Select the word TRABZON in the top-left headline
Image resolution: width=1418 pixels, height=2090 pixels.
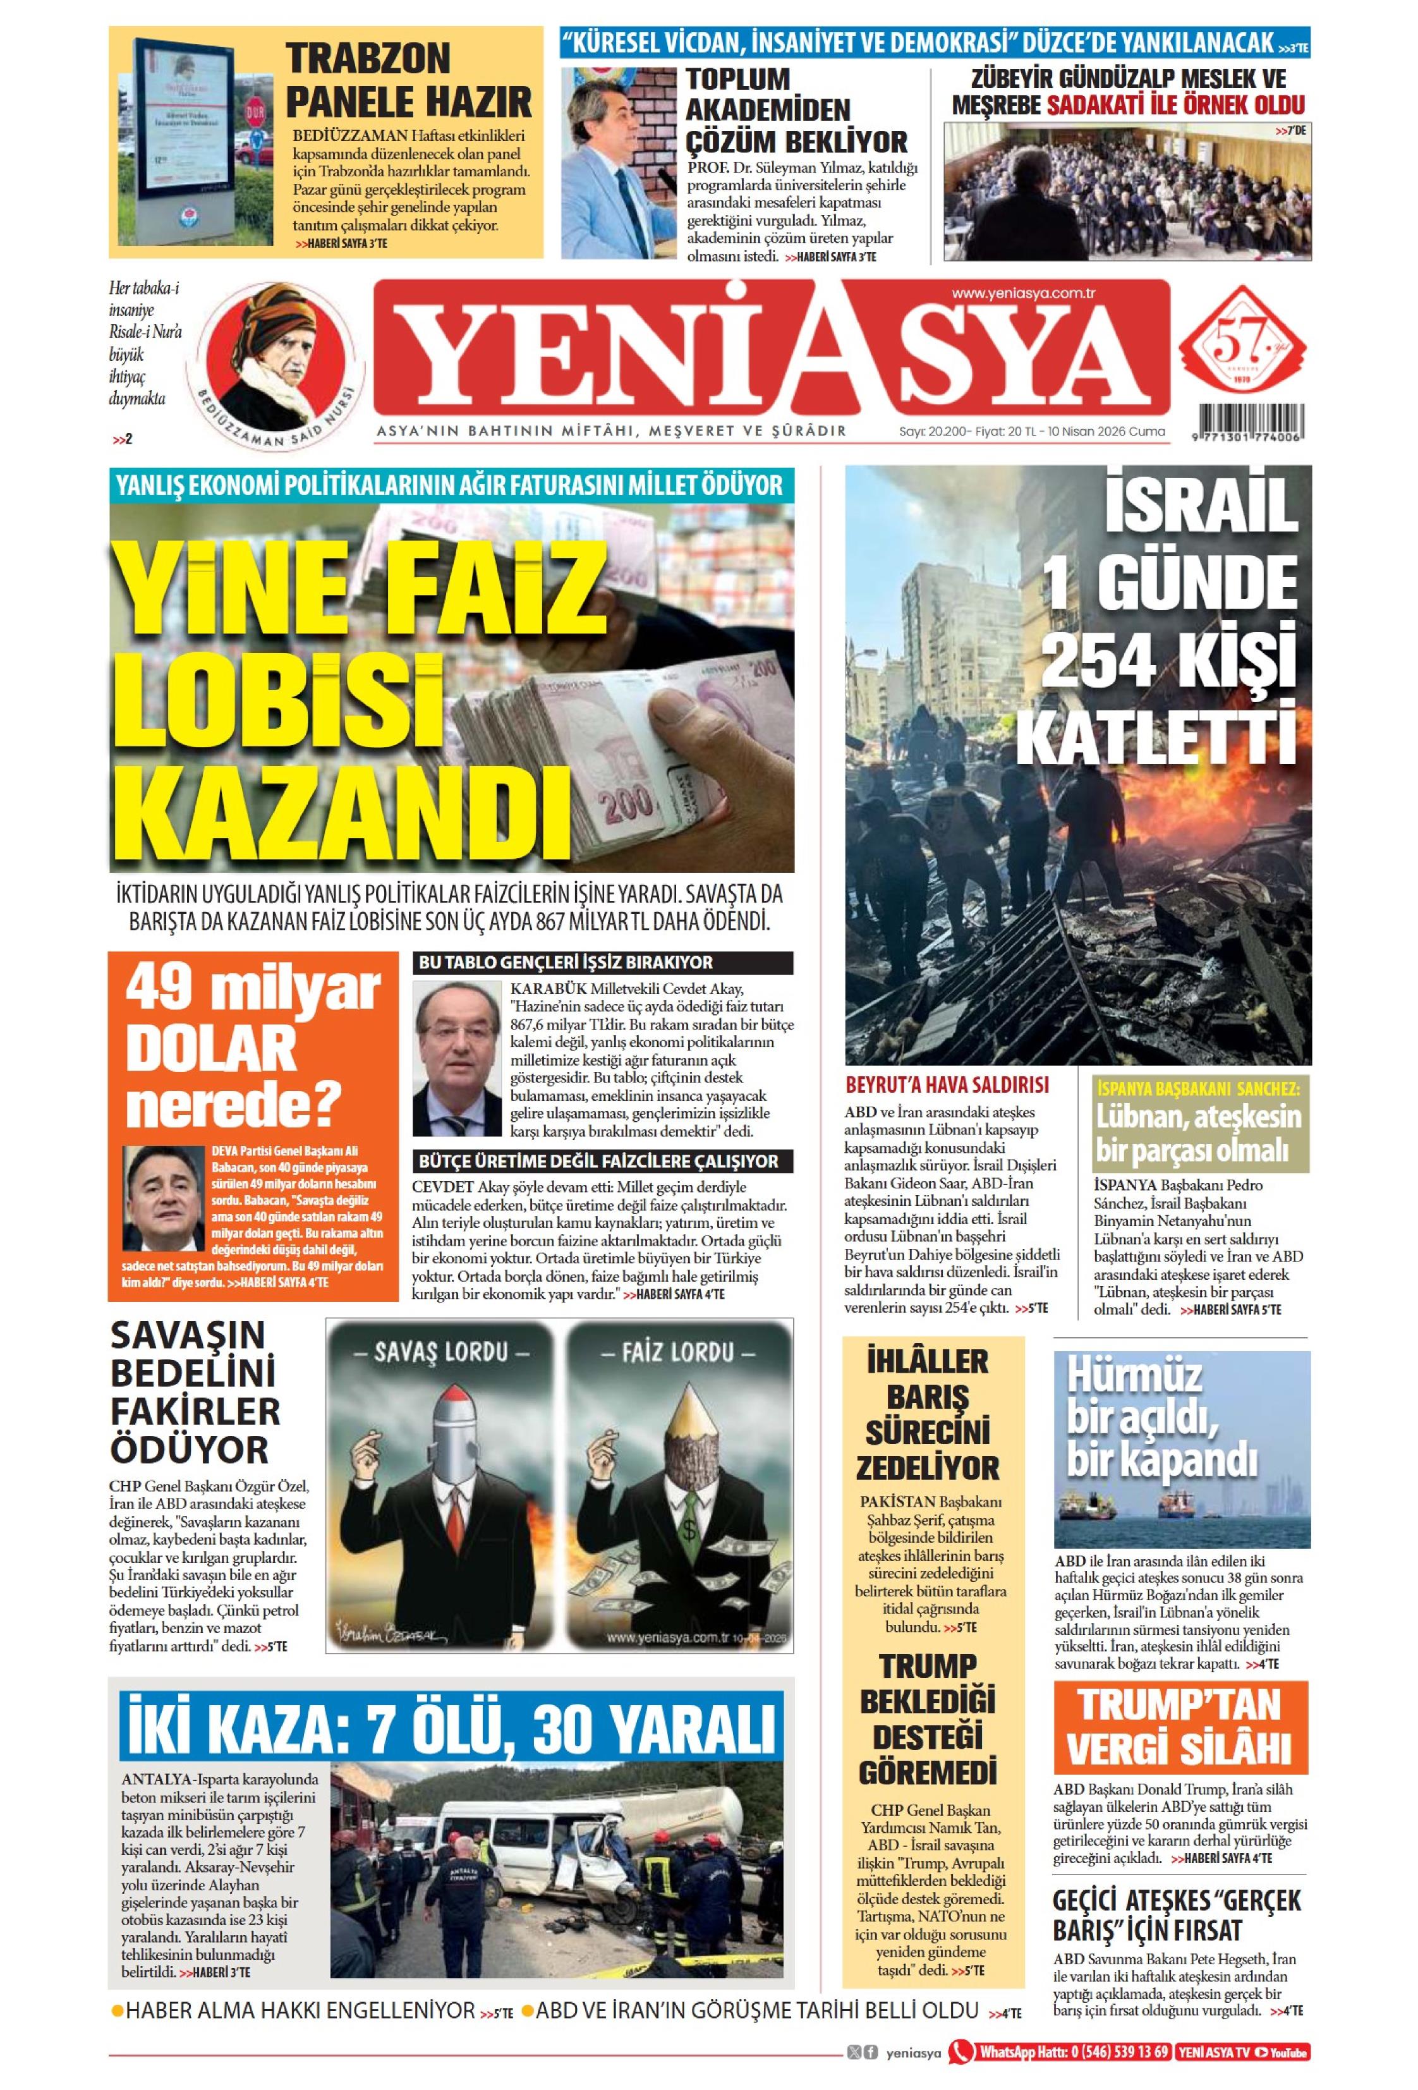point(368,59)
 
